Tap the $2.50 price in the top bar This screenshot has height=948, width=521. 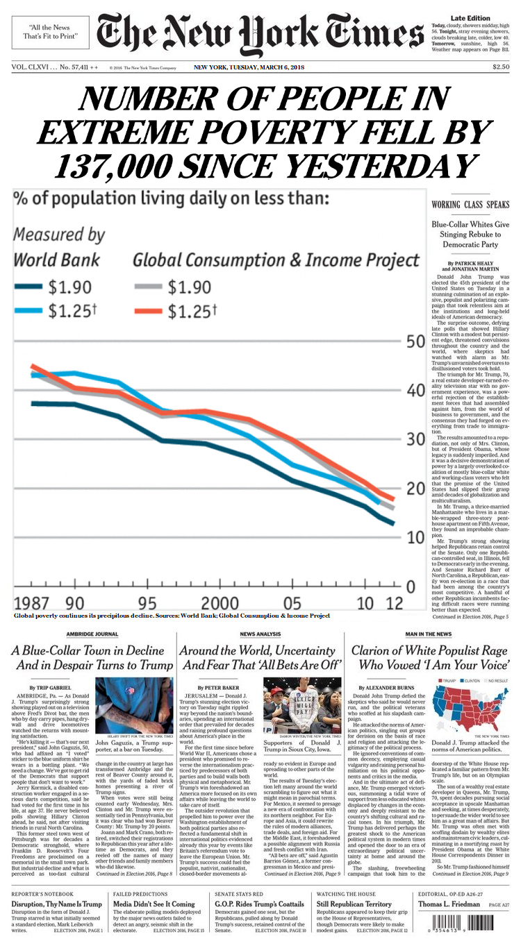500,67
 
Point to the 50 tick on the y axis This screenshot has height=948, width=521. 415,342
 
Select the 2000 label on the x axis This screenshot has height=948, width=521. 220,602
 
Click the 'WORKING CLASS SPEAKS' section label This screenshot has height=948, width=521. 470,205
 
